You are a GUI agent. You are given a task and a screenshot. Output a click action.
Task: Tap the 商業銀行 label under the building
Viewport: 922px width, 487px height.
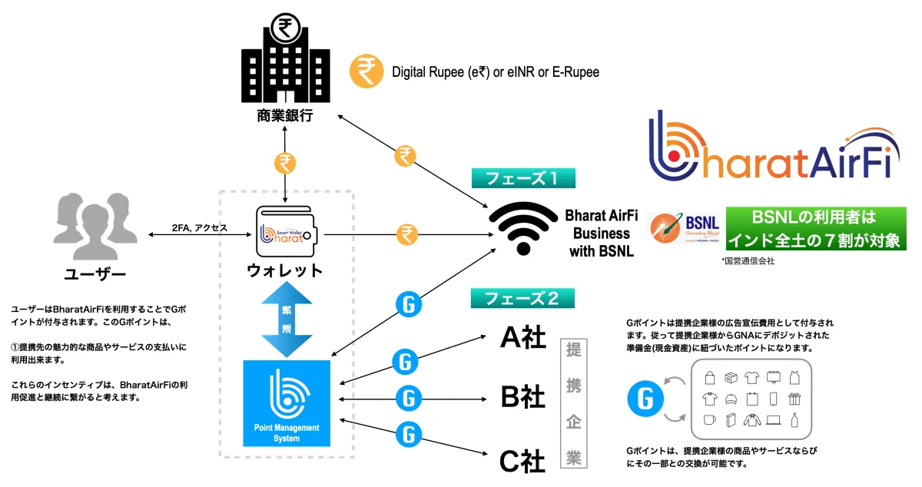tap(286, 117)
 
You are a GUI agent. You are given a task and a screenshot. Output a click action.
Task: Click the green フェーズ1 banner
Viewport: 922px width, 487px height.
tap(523, 179)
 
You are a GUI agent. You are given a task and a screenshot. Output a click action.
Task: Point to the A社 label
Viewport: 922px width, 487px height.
tap(522, 338)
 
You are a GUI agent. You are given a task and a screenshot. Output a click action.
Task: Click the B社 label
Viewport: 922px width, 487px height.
tap(522, 398)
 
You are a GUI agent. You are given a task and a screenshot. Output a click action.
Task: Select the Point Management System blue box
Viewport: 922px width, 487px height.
tap(285, 403)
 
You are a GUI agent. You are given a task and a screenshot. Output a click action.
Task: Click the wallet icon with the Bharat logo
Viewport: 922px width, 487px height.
tap(287, 233)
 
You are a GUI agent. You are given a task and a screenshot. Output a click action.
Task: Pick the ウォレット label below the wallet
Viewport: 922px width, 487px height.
tap(285, 271)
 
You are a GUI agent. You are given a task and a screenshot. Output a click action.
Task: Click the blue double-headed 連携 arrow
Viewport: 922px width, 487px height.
tap(285, 319)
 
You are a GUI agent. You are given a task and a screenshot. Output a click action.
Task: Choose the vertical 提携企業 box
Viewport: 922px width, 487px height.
tap(573, 404)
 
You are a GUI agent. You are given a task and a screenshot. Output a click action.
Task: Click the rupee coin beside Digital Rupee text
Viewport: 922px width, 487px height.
tap(366, 72)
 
